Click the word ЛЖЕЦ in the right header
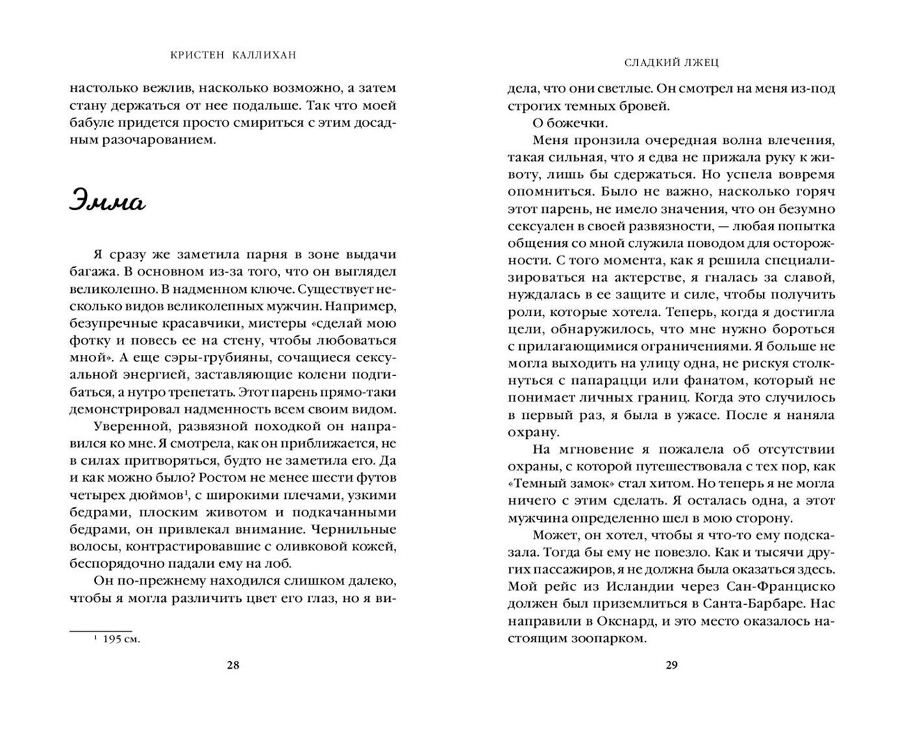tap(702, 62)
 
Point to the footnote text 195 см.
tap(121, 640)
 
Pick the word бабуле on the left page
tap(93, 123)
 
